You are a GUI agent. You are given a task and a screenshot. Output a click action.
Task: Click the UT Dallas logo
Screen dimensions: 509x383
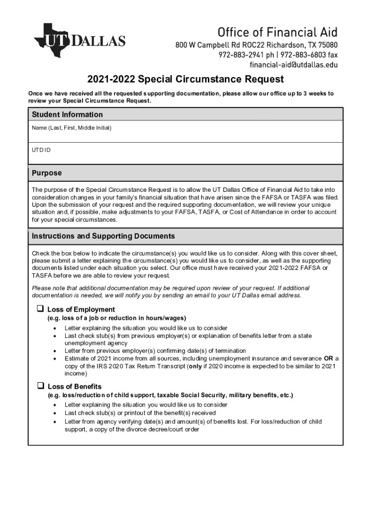pyautogui.click(x=80, y=40)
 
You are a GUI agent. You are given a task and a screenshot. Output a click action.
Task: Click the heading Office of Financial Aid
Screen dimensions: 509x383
pyautogui.click(x=278, y=33)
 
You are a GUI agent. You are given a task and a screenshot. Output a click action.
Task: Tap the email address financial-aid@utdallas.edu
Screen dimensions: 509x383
pyautogui.click(x=293, y=65)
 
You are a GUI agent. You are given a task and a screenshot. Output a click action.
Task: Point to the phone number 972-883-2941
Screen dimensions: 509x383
pyautogui.click(x=238, y=55)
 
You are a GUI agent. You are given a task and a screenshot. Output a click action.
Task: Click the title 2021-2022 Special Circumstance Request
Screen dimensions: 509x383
pyautogui.click(x=186, y=80)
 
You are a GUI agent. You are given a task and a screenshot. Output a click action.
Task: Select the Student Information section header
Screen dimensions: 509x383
pyautogui.click(x=67, y=115)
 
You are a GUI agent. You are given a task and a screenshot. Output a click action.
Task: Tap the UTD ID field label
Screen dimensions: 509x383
pyautogui.click(x=41, y=150)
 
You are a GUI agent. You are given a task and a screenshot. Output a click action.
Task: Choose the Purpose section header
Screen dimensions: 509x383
pyautogui.click(x=47, y=173)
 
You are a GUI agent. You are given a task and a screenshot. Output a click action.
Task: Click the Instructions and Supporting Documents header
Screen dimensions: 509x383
pyautogui.click(x=103, y=236)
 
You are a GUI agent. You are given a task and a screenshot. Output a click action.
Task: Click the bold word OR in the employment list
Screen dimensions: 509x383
pyautogui.click(x=329, y=358)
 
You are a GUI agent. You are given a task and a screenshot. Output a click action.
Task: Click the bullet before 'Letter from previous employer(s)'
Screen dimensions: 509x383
pyautogui.click(x=54, y=351)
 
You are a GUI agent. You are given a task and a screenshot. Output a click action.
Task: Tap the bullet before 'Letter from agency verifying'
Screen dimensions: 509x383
pyautogui.click(x=54, y=422)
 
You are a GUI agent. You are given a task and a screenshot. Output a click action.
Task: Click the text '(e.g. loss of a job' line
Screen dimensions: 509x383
pyautogui.click(x=117, y=318)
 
